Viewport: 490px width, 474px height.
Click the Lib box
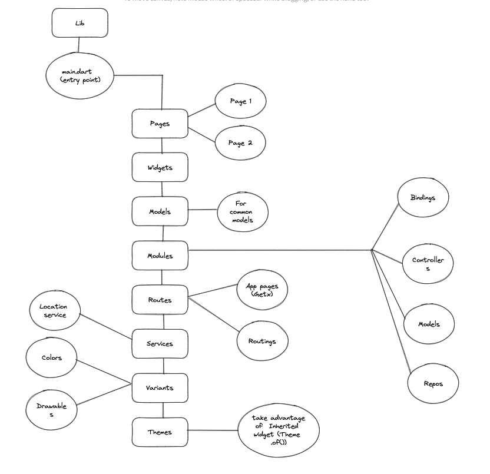(80, 23)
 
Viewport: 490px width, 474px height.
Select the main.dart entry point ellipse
(80, 75)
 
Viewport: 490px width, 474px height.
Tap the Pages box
(160, 124)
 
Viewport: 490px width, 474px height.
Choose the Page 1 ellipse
(240, 101)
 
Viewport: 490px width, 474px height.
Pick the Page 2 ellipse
(240, 143)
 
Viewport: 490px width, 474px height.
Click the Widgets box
(160, 167)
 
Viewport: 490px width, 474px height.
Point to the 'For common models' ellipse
(243, 211)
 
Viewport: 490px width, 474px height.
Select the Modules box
(160, 256)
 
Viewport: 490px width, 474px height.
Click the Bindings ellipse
(422, 198)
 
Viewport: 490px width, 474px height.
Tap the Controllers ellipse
(428, 264)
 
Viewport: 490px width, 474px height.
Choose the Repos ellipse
(433, 383)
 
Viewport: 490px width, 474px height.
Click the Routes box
(160, 300)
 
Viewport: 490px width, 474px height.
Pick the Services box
(160, 344)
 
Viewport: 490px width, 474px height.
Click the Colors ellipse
(52, 357)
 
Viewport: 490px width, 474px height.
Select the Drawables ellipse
(52, 410)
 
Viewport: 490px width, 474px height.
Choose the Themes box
(160, 432)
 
